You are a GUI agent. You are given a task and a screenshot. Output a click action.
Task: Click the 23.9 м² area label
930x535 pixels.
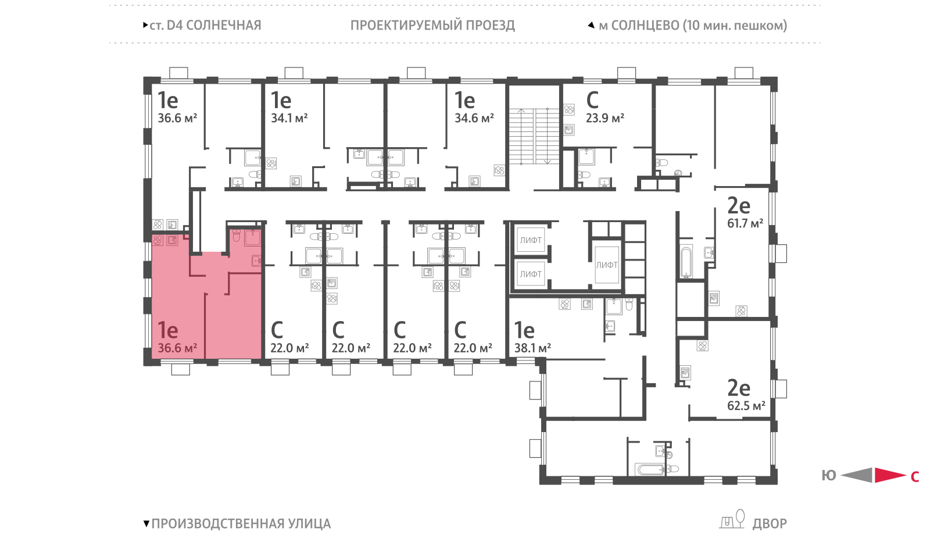[x=605, y=119]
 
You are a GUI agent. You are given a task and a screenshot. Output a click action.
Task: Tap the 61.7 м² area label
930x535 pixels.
[x=745, y=223]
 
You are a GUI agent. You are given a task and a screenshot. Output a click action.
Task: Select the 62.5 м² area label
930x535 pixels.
[x=746, y=405]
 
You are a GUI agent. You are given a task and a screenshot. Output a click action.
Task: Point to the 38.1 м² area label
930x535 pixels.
[x=532, y=348]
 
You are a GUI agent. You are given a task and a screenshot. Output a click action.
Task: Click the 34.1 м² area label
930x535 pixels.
[x=289, y=119]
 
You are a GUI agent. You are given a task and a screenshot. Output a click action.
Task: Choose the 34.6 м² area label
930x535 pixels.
[x=474, y=119]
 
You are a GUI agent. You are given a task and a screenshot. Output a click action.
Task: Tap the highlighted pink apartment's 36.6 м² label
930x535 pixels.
[x=177, y=348]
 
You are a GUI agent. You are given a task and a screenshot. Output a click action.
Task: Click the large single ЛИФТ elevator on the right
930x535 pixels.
[x=607, y=265]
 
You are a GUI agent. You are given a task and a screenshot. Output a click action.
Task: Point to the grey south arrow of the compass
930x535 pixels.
[x=857, y=475]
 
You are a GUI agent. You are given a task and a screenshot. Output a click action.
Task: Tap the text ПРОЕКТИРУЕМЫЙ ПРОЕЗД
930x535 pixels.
[x=432, y=26]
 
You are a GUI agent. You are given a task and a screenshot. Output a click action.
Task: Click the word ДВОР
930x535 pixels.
[x=770, y=524]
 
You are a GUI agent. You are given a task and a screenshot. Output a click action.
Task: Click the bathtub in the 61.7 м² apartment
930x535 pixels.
[x=686, y=262]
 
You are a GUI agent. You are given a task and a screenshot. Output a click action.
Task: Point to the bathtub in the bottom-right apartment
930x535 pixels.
[x=650, y=470]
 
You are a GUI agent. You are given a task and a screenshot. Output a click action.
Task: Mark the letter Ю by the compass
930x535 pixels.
[x=829, y=476]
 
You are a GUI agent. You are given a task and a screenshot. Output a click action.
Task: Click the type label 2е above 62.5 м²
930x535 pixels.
[x=739, y=388]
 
